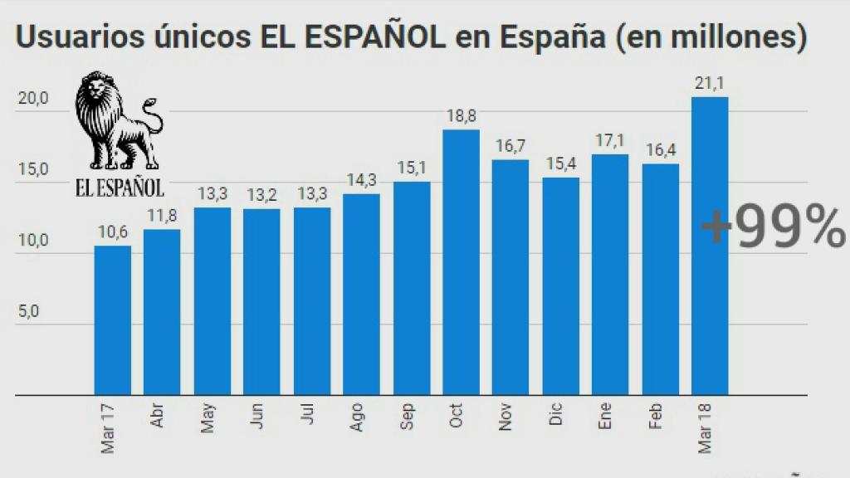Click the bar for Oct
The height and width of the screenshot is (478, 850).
[x=461, y=261]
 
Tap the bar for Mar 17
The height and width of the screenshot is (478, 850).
[x=112, y=319]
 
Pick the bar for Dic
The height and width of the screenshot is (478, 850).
[x=560, y=285]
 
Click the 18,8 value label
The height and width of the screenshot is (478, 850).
[x=461, y=118]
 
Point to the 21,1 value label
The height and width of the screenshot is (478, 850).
[x=710, y=83]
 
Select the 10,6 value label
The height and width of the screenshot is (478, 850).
[x=112, y=232]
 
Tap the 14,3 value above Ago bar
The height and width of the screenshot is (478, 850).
[x=361, y=181]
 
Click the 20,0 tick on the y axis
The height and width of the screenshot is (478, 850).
[x=34, y=98]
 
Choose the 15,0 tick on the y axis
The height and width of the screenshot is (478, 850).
[x=34, y=170]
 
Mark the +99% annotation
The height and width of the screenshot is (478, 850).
[x=772, y=228]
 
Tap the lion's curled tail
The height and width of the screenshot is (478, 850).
[x=152, y=112]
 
